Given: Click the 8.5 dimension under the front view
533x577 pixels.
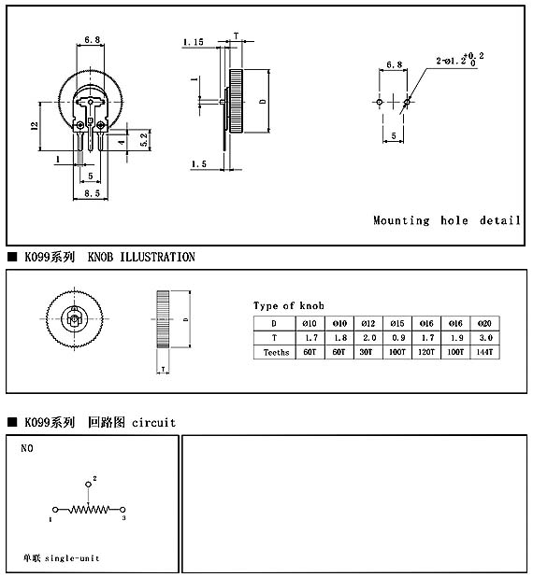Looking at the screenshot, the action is tap(92, 193).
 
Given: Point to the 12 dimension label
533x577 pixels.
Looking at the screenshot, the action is tap(35, 126).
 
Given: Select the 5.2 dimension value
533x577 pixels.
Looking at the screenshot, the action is tap(144, 140).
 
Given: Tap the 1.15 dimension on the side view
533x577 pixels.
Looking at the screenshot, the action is tap(194, 42).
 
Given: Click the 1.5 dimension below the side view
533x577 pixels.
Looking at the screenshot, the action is tap(198, 164).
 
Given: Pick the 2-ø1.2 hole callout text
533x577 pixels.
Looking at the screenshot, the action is tap(460, 60).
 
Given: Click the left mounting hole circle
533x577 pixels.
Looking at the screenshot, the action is tap(380, 102).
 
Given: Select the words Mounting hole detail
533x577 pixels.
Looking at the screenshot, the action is tap(447, 220).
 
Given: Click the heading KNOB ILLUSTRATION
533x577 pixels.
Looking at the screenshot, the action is tap(141, 257).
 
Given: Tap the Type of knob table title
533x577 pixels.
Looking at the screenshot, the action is tap(289, 305).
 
